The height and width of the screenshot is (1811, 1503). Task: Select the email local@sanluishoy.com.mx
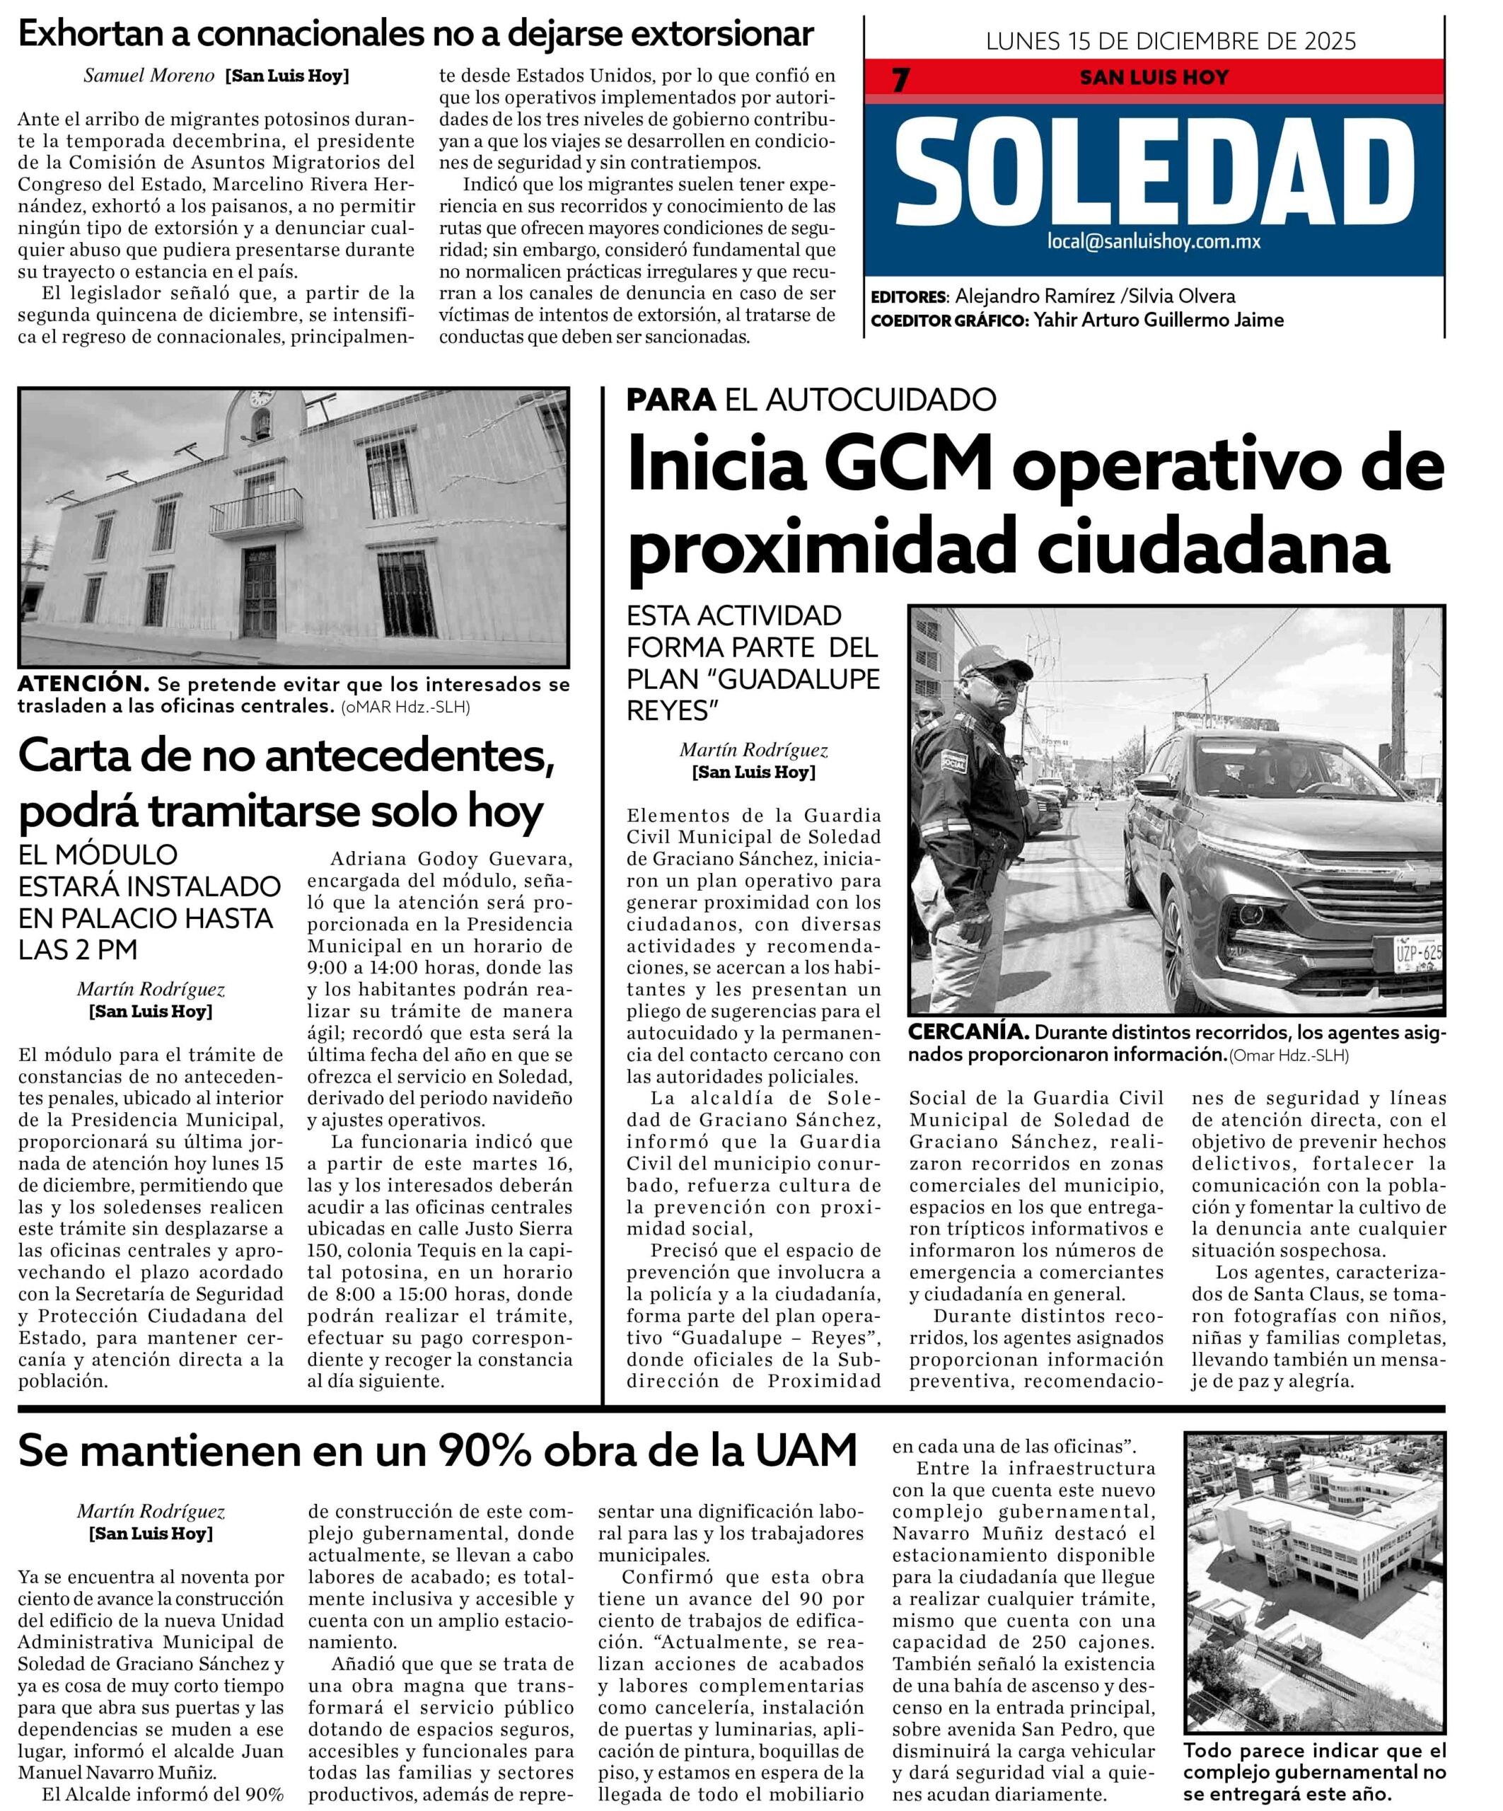(x=1154, y=241)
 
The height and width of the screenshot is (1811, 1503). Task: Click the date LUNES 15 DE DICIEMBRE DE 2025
(x=1170, y=40)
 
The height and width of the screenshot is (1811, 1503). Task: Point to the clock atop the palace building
(x=260, y=398)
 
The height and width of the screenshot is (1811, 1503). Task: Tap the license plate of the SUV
(x=1417, y=952)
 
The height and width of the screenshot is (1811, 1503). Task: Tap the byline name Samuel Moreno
(x=149, y=76)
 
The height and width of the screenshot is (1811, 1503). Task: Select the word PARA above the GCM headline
(x=670, y=399)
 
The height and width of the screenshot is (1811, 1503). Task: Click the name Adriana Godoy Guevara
(x=450, y=859)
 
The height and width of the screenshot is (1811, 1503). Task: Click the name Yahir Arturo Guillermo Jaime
(x=1158, y=320)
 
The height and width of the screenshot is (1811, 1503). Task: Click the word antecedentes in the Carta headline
(x=419, y=757)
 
